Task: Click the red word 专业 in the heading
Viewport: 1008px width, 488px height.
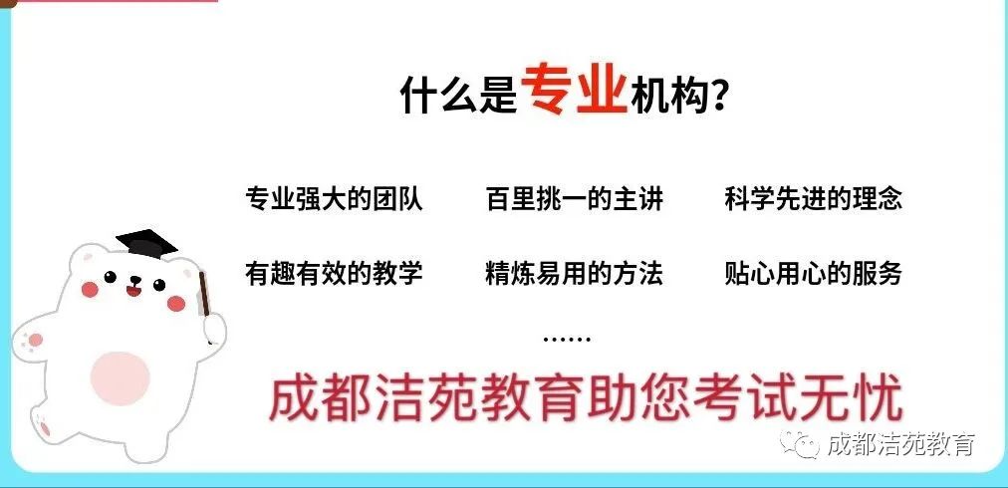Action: [x=573, y=91]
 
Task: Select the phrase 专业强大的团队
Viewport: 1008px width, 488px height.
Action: [x=334, y=198]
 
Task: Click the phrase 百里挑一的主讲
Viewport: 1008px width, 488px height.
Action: [x=575, y=198]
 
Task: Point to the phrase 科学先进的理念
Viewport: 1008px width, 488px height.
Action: [x=814, y=198]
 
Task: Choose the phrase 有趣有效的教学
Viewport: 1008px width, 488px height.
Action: [x=334, y=272]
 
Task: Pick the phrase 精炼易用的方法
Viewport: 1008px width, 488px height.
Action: [x=575, y=272]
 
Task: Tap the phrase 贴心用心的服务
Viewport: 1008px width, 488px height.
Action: [x=814, y=272]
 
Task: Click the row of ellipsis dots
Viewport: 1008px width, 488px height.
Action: [x=567, y=339]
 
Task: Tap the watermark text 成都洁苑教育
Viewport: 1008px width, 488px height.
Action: [x=900, y=445]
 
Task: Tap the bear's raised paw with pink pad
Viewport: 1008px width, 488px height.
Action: [x=30, y=344]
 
